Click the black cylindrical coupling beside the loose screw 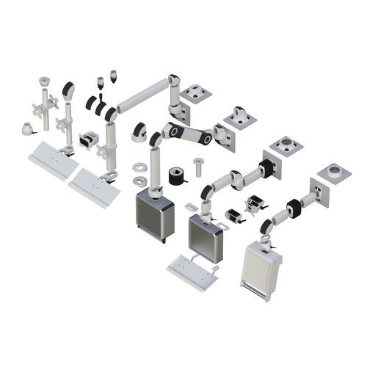point(176,176)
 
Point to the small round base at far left point(27,129)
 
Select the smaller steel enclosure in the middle point(206,238)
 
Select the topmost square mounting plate point(196,94)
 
